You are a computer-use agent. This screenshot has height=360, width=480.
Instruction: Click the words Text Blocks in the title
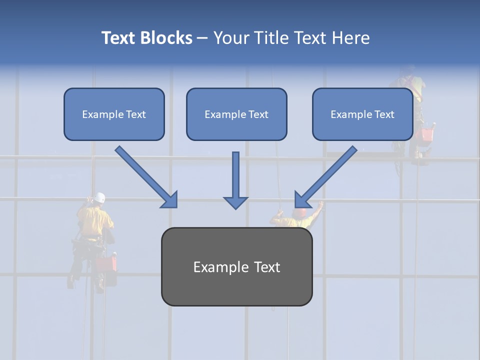[x=146, y=38]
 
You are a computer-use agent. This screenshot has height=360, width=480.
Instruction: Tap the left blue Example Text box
[x=114, y=114]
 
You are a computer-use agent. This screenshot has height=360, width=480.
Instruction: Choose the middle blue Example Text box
[x=236, y=114]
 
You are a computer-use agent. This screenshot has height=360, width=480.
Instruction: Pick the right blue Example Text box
[x=362, y=114]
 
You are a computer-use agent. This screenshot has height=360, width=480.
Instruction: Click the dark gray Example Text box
[x=236, y=266]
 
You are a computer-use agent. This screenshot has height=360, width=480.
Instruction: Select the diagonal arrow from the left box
[x=145, y=176]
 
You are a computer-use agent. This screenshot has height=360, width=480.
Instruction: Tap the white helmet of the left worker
[x=100, y=197]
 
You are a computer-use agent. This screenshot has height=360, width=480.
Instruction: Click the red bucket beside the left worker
[x=106, y=263]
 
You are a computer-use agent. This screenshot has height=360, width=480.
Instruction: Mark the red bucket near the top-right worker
[x=426, y=134]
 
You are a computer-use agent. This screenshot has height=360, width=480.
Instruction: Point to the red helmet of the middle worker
[x=299, y=213]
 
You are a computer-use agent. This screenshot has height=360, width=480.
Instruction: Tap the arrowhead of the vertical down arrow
[x=235, y=202]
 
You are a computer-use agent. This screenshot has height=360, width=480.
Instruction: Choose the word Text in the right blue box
[x=384, y=114]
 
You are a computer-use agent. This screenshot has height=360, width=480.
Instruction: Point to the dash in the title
[x=202, y=38]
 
